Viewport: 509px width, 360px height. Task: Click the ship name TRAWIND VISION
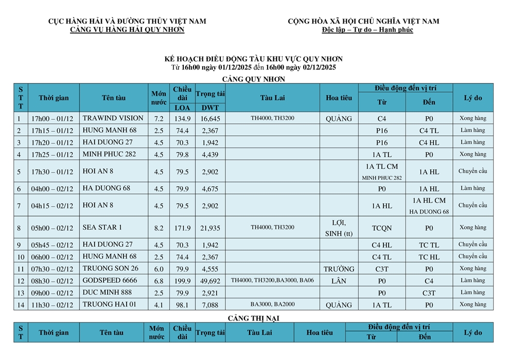point(113,118)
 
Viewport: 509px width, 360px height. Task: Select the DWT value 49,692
point(210,281)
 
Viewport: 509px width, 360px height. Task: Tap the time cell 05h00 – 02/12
point(52,228)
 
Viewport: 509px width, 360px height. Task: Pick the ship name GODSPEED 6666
point(110,280)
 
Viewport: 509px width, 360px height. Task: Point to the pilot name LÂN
point(339,281)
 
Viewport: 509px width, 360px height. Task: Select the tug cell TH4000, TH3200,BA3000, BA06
point(272,281)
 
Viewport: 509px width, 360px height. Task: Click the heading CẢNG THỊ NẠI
point(253,318)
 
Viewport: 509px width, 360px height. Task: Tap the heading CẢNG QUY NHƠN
point(253,79)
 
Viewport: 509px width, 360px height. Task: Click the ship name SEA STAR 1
point(102,227)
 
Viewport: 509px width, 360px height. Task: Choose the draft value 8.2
point(159,228)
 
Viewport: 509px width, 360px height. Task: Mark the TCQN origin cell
point(381,228)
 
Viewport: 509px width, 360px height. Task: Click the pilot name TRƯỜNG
point(339,269)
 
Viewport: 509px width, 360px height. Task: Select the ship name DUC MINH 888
point(107,293)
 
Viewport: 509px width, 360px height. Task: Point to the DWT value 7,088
point(210,305)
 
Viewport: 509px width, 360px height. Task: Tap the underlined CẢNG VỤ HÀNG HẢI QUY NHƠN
point(127,30)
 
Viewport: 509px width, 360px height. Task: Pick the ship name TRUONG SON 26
point(110,268)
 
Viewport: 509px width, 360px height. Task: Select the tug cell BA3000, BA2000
point(272,305)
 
